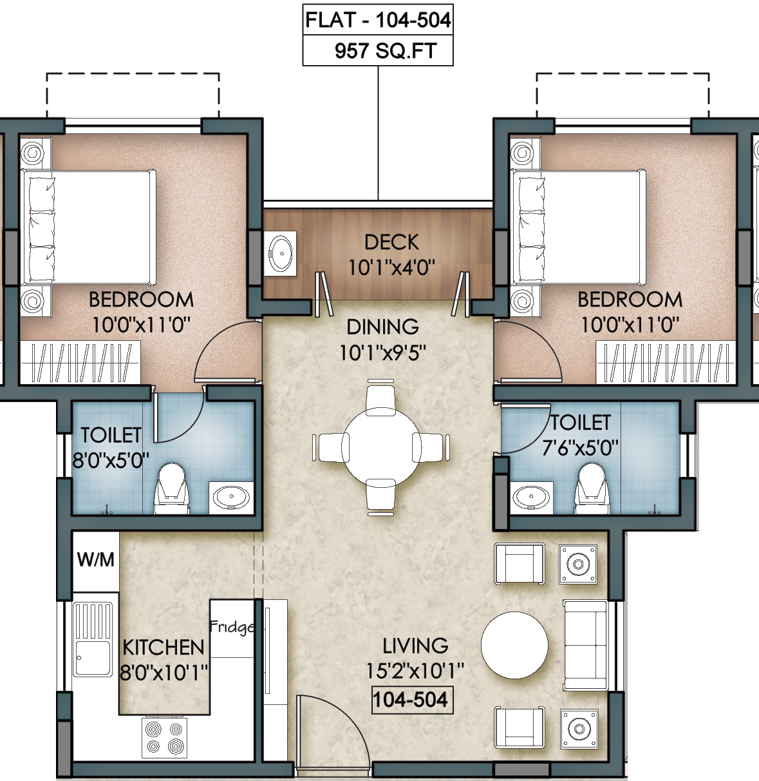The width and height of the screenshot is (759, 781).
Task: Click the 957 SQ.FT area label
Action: pos(386,51)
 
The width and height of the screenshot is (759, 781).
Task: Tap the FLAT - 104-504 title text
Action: pos(378,20)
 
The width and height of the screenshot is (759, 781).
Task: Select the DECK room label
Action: pos(391,242)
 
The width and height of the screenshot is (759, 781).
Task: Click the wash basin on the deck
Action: pos(280,253)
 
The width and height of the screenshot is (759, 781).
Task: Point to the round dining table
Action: pos(380,446)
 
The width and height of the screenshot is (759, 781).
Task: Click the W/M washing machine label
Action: pos(96,559)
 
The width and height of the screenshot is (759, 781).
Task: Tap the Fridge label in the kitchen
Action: pos(232,627)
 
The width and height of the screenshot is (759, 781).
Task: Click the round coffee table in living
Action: pos(514,645)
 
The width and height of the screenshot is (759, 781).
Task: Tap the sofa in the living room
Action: pos(586,646)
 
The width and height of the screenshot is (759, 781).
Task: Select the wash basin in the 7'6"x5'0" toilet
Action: pos(531,497)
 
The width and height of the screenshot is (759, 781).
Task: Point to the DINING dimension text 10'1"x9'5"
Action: pos(382,353)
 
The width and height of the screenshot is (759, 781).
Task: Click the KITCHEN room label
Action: pos(164,648)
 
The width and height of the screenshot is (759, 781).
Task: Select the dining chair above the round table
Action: pos(380,397)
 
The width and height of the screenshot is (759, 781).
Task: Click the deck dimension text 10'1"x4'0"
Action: pos(391,267)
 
